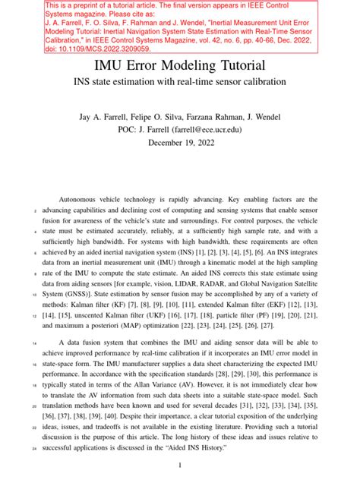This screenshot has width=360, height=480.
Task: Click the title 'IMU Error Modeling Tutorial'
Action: [x=180, y=65]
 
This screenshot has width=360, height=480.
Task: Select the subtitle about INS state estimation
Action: [x=180, y=81]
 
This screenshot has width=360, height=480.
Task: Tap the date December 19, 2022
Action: [x=180, y=143]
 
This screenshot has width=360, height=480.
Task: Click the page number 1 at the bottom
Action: [x=180, y=465]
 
